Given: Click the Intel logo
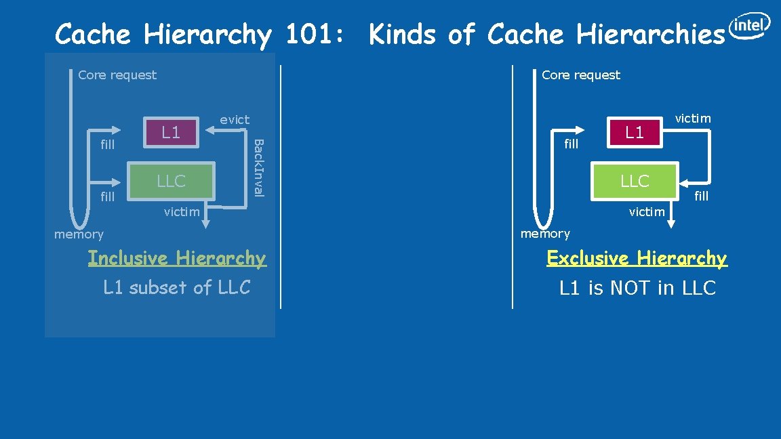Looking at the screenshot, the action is pos(749,26).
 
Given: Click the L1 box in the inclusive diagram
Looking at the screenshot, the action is pos(171,132).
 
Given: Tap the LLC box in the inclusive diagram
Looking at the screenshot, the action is pos(171,181).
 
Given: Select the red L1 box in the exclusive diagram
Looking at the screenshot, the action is pos(635,132).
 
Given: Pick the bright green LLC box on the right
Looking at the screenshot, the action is pos(635,182).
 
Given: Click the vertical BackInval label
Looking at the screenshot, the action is pos(258,167).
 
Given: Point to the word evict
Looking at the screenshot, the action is pos(235,119).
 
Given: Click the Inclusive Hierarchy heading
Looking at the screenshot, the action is pos(177,258).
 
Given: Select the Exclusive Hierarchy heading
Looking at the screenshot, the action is pos(637,258).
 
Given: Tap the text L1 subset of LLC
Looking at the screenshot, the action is pos(177,287).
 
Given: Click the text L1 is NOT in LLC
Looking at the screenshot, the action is pos(637,288).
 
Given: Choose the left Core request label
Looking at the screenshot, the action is pos(117,75).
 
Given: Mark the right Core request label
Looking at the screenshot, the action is pos(581,75).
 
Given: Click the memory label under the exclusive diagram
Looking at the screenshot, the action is pos(545,234).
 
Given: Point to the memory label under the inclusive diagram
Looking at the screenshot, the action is pos(79,234).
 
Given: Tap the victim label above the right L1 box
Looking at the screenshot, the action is pos(693,119).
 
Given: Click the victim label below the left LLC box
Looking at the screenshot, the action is pos(182,212).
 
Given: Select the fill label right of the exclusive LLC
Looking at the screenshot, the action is pos(701,196).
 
